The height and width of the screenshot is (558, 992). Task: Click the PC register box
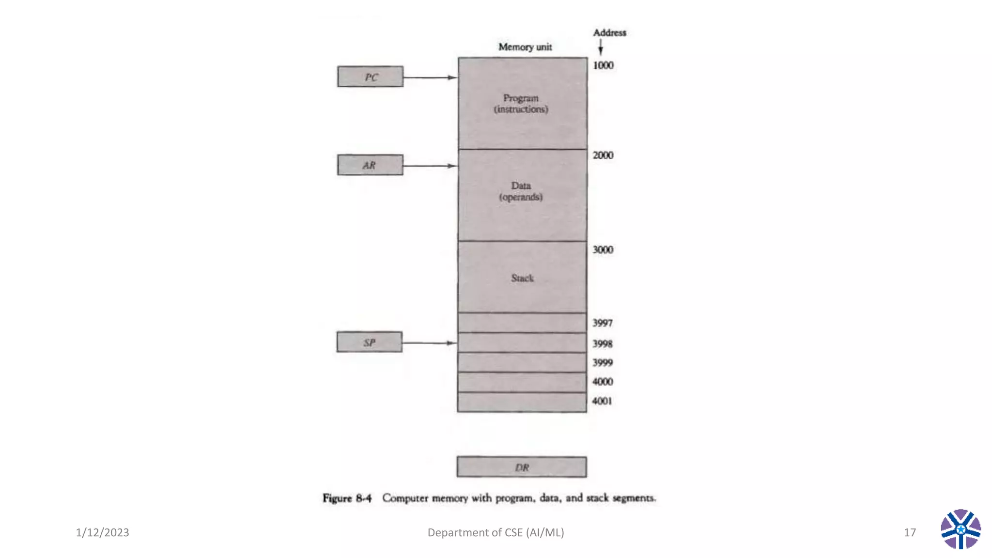click(x=370, y=77)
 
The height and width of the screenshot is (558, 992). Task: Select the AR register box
click(x=370, y=165)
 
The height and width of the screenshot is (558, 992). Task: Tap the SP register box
click(x=369, y=342)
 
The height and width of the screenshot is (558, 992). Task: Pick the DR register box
click(x=522, y=467)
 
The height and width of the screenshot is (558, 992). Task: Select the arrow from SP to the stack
click(x=429, y=343)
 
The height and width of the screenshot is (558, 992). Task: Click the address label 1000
click(x=603, y=65)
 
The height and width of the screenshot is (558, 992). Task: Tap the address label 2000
click(x=603, y=155)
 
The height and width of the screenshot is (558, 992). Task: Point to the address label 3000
click(x=603, y=249)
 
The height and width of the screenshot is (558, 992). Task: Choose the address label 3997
click(x=602, y=323)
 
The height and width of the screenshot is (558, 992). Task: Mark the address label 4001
click(x=602, y=401)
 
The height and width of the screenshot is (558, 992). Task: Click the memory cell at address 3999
click(x=522, y=363)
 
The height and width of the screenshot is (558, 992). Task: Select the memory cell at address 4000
click(x=522, y=382)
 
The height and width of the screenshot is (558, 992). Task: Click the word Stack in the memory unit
click(x=522, y=278)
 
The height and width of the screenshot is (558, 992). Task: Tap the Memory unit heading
click(x=525, y=47)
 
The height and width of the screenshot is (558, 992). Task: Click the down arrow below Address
click(x=601, y=47)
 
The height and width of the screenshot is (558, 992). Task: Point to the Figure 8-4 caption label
click(x=347, y=498)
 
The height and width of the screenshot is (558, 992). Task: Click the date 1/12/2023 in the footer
click(x=102, y=532)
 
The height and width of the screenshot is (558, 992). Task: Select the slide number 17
click(x=910, y=532)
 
